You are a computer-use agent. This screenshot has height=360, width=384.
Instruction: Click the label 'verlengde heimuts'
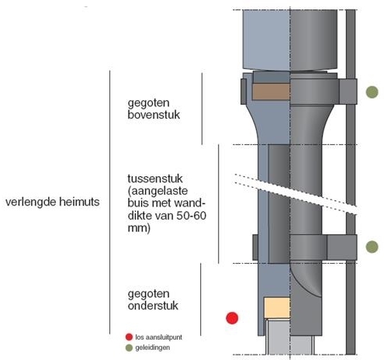tap(53, 202)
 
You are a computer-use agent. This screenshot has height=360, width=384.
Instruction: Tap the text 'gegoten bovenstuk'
tap(154, 109)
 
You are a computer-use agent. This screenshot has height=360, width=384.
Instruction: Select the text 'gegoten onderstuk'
tap(153, 299)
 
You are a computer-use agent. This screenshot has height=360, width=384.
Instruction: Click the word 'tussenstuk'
tap(155, 178)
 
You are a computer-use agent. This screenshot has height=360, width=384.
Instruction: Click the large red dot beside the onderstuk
tap(232, 318)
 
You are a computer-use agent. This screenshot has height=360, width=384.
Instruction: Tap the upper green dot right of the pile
tap(372, 92)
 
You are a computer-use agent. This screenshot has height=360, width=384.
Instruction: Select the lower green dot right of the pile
tap(372, 247)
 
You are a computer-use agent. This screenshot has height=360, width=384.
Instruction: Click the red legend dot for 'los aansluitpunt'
tap(129, 337)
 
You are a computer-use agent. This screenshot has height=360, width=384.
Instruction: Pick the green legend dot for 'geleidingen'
tap(129, 348)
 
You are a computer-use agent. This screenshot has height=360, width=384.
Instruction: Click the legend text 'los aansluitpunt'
tap(159, 337)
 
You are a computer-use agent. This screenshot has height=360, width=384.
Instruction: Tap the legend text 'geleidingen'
tap(153, 348)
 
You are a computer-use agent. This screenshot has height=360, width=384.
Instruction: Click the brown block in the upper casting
tap(271, 92)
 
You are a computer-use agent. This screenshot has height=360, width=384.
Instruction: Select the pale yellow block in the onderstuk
tap(277, 308)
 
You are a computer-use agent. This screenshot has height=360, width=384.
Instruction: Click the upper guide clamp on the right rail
tap(348, 92)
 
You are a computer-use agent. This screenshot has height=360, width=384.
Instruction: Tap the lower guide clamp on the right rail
tap(342, 247)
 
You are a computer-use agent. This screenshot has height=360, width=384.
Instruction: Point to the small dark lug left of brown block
tap(244, 92)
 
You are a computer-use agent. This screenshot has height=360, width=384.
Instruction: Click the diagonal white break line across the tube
tap(296, 194)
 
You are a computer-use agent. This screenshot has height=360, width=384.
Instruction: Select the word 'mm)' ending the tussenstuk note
tap(139, 228)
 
